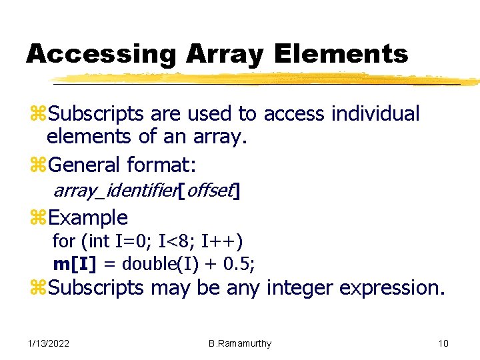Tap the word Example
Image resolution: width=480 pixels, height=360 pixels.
(x=88, y=217)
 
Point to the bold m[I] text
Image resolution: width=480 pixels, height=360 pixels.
(x=75, y=263)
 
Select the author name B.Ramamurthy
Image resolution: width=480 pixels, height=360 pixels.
(x=240, y=343)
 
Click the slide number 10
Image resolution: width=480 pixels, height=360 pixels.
(x=443, y=343)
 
